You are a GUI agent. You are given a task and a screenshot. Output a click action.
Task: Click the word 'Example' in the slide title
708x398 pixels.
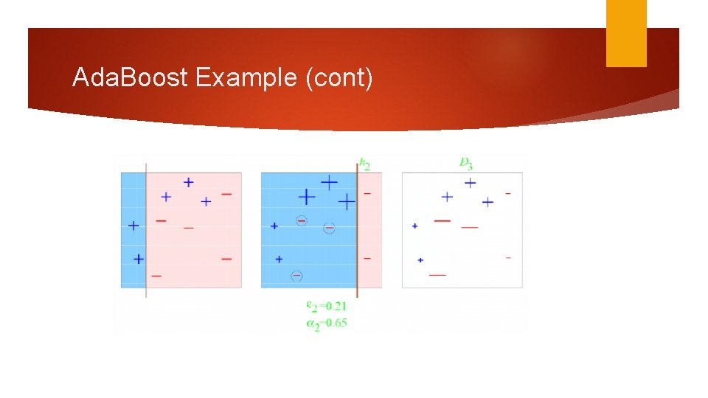coord(246,77)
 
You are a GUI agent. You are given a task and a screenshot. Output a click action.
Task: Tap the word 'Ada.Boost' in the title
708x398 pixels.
coord(131,77)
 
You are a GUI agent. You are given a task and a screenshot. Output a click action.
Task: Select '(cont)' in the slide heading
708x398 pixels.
coord(339,77)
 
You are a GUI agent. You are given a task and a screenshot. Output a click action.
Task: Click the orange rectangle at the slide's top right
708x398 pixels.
coord(626,33)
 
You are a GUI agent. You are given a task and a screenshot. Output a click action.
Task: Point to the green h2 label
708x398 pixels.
coord(364,164)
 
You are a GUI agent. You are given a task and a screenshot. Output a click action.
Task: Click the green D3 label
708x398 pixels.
coord(466,162)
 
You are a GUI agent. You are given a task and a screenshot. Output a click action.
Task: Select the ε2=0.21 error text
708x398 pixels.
coord(326,306)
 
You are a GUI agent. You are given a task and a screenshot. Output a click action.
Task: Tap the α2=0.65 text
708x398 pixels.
coord(326,322)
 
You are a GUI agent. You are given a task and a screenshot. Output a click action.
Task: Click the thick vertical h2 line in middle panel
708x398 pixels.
coord(358,228)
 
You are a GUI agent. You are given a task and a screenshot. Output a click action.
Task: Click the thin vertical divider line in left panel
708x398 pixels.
coord(146,228)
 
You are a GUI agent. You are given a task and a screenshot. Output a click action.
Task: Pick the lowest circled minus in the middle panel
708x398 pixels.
coord(296,276)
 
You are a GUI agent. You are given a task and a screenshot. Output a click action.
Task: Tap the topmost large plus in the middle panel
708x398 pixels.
coord(328,181)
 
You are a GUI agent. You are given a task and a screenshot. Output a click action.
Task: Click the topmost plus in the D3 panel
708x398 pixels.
coord(469,183)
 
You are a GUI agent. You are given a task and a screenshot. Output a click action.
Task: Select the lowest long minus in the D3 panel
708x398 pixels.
coord(437,275)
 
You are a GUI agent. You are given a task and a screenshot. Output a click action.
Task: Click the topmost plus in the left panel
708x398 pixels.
coord(189,181)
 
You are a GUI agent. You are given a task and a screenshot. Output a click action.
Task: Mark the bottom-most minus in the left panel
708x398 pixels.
coord(156,276)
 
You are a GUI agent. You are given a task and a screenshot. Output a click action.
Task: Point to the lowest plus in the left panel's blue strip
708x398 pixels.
coord(138,259)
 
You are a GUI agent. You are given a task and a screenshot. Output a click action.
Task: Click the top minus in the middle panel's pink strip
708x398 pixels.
coord(367,194)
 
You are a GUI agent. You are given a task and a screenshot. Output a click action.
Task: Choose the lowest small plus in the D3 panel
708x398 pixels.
coord(420,259)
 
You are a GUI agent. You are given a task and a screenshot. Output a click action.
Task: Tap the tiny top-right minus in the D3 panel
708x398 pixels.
coord(508,194)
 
